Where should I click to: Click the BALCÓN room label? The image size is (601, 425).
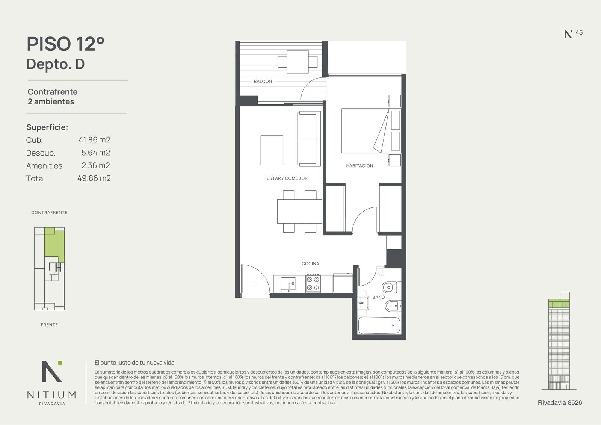point(263,81)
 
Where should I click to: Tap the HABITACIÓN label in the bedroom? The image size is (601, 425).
point(359,166)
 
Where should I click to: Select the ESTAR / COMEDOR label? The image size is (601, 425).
point(287,178)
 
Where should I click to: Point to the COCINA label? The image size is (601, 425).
point(310,264)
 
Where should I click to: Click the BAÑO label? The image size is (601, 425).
point(378,297)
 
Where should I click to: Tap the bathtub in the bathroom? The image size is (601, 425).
point(379,325)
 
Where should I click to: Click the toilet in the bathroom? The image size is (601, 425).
point(391,287)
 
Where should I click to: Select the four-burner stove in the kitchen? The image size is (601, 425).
point(313,283)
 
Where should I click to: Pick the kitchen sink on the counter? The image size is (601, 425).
point(288,284)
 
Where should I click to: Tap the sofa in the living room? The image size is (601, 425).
point(309,139)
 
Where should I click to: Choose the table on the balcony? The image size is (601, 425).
point(297,62)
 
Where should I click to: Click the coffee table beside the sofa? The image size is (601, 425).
point(272,150)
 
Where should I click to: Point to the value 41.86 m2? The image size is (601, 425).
point(94,140)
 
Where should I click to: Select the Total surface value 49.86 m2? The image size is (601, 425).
point(94,178)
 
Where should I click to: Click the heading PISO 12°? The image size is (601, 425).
point(65,44)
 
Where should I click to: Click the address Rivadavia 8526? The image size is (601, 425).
point(560,403)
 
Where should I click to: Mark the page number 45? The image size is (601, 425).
point(579,32)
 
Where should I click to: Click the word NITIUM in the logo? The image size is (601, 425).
point(51,395)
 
